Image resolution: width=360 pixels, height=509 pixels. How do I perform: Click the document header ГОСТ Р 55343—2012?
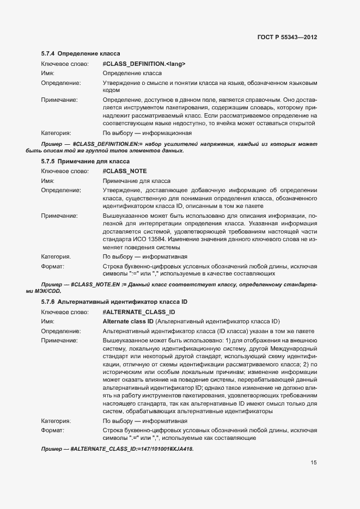(287, 38)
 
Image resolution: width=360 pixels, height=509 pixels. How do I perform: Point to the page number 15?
(314, 463)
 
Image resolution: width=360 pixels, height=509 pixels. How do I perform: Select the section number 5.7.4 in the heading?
(48, 54)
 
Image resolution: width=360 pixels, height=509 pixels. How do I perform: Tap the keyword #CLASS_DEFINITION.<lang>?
(144, 64)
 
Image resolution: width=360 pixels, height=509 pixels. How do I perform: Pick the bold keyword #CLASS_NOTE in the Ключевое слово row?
(125, 171)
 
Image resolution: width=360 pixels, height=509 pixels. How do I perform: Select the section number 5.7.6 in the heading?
(48, 302)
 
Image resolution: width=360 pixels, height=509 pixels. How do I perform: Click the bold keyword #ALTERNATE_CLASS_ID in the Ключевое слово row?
(139, 312)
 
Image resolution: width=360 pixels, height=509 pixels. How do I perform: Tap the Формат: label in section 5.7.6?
(53, 430)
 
